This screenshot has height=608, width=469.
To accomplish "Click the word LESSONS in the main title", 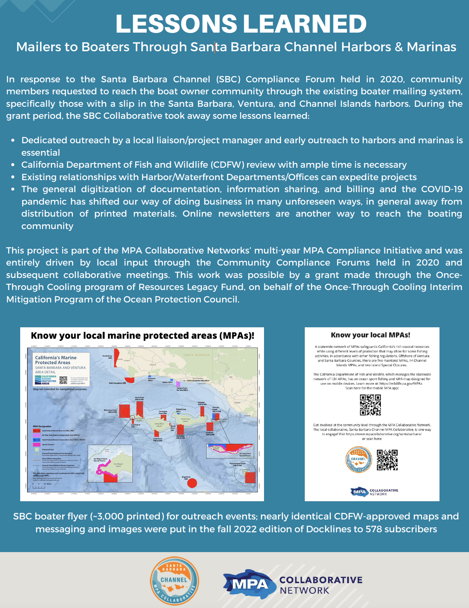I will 176,24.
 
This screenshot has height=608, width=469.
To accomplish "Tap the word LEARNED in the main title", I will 305,24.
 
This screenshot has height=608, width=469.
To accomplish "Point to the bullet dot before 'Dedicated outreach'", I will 14,141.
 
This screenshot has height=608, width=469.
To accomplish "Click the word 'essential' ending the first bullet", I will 41,153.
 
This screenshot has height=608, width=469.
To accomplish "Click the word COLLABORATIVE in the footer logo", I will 321,580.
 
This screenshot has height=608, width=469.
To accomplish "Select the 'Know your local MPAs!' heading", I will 370,335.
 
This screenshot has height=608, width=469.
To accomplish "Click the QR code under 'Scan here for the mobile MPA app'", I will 370,405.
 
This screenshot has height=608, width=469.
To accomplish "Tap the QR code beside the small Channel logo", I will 387,460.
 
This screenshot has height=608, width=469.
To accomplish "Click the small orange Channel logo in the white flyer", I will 359,460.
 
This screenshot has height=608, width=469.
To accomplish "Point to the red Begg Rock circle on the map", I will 192,483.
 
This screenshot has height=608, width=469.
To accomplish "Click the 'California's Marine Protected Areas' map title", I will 56,360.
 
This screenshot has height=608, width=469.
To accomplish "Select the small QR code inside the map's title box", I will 63,380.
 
